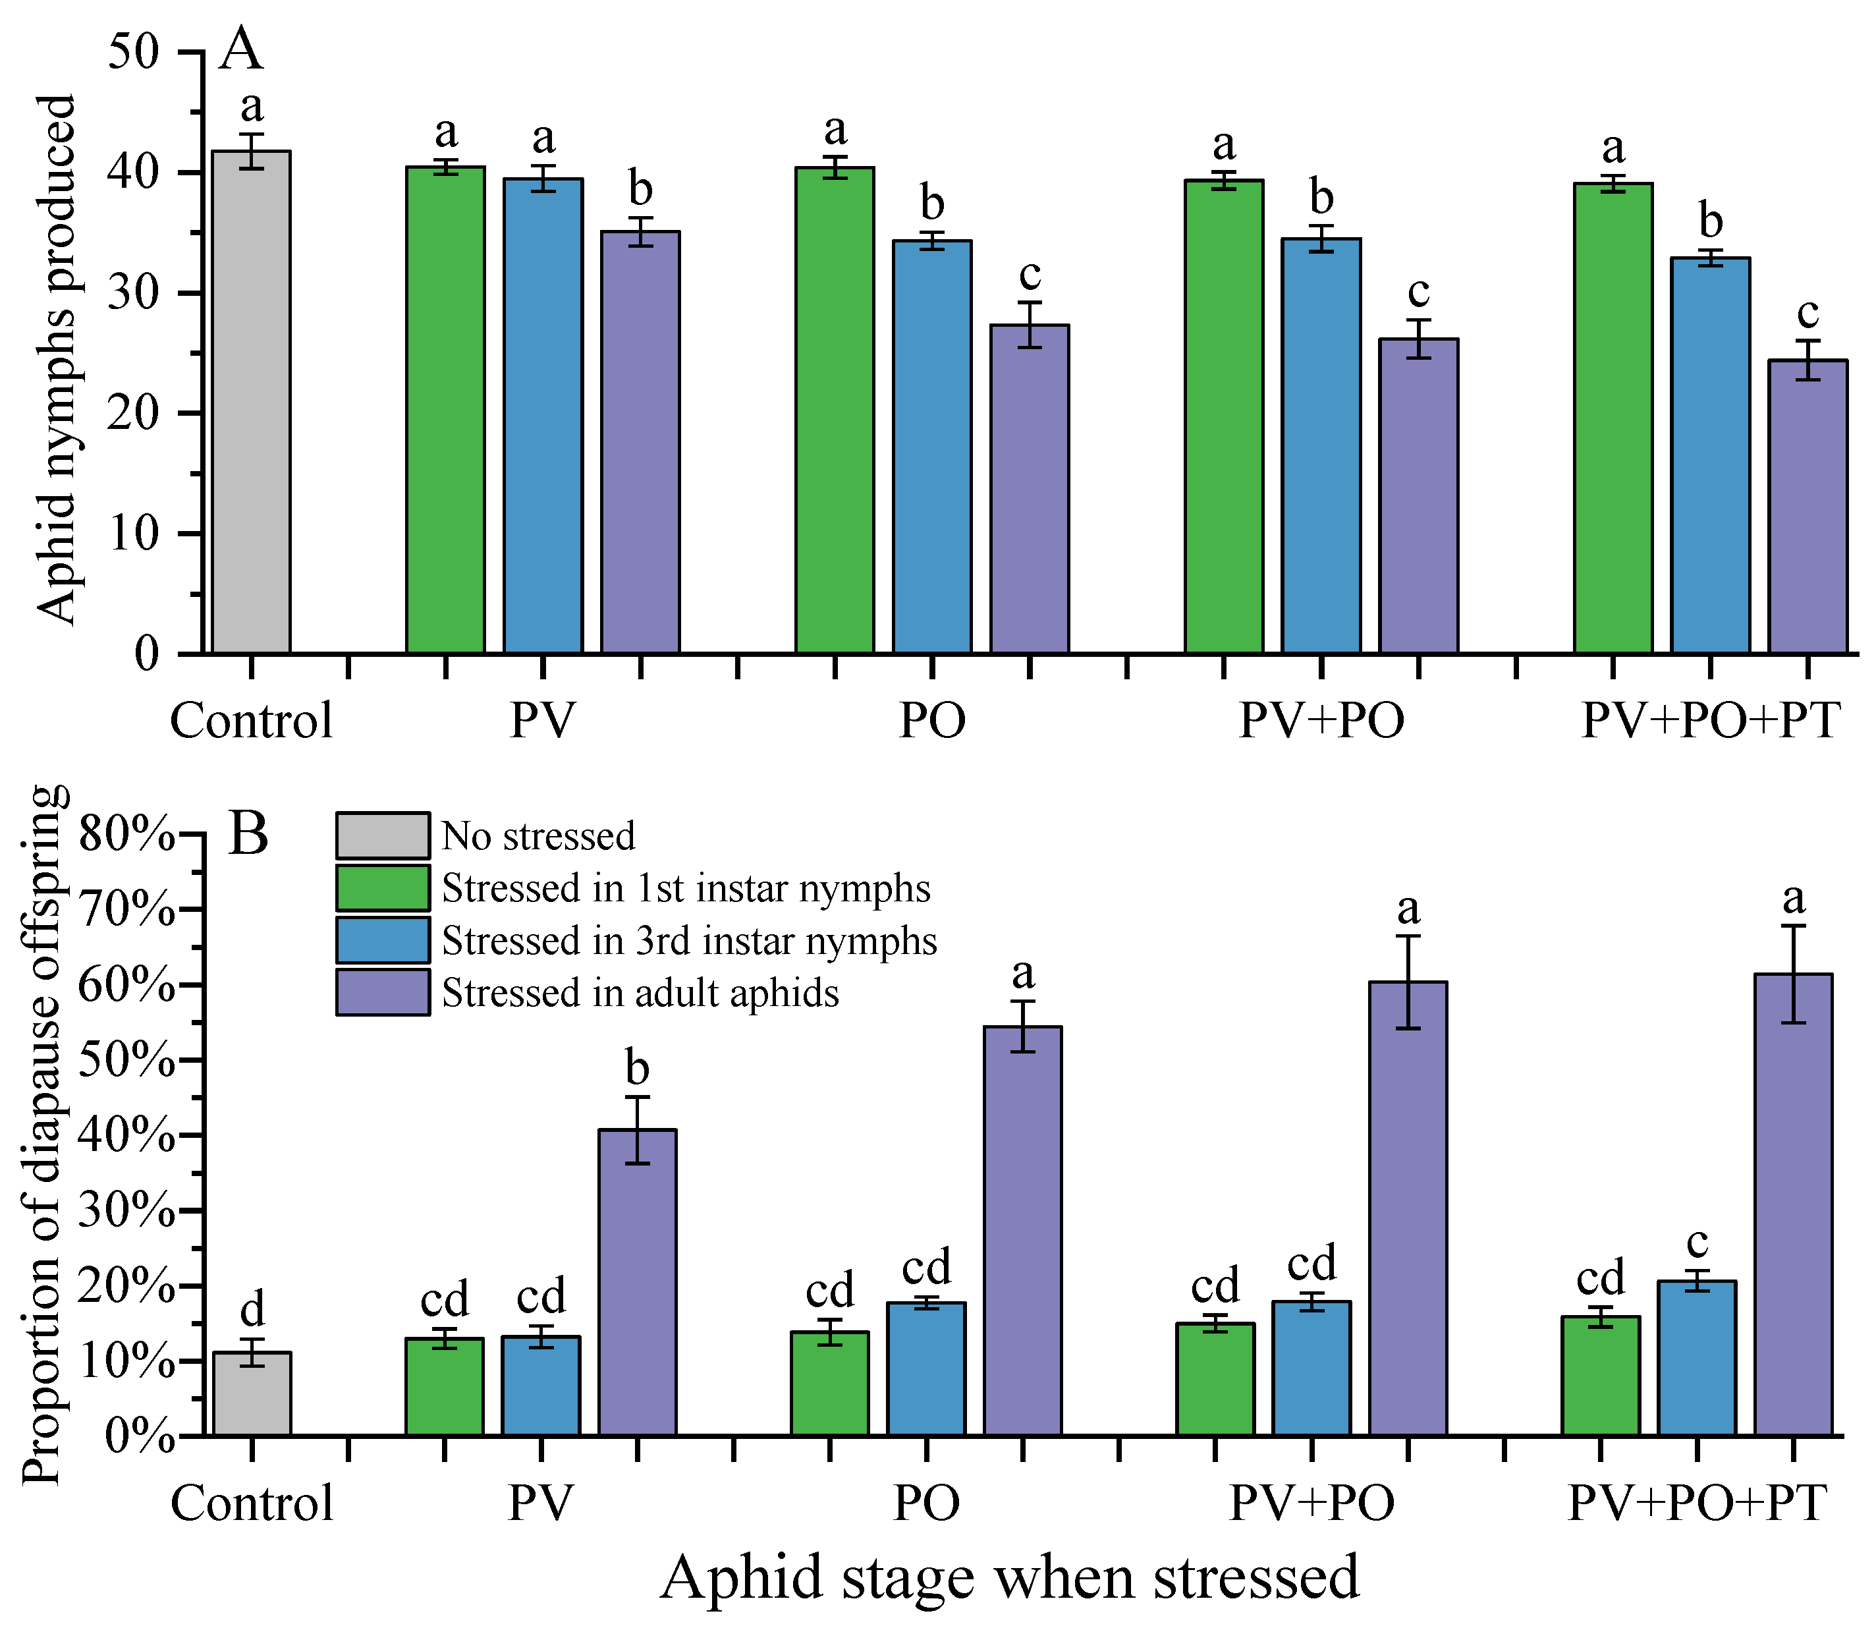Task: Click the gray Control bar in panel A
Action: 252,402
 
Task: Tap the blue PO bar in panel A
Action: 931,446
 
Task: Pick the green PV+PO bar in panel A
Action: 1224,416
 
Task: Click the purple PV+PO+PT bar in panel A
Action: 1807,507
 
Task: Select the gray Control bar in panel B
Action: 252,1393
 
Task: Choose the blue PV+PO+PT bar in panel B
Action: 1697,1358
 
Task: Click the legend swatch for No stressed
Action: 383,836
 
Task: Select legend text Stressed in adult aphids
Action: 640,993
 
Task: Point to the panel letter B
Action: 248,833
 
